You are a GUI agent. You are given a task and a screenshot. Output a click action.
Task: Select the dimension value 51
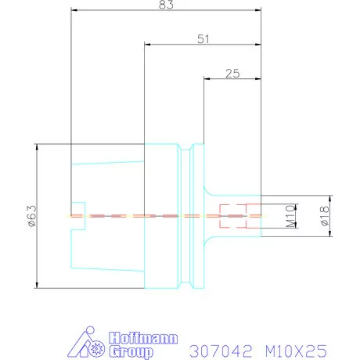click(203, 38)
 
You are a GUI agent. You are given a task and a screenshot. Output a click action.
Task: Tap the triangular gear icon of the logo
click(92, 345)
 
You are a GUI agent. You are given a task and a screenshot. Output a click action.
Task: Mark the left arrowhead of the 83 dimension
click(74, 10)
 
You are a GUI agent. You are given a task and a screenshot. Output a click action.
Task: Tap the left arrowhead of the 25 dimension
click(207, 78)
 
